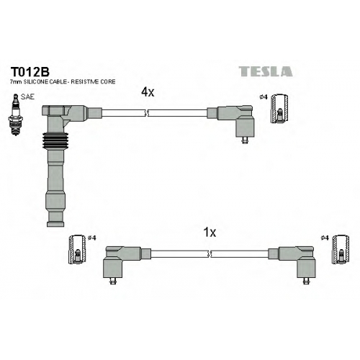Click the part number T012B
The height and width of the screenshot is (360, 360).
(30, 71)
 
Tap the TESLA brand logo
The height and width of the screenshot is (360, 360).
(266, 71)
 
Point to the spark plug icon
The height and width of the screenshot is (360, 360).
(16, 114)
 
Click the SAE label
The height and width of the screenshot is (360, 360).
(27, 96)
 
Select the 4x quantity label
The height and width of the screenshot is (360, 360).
(148, 92)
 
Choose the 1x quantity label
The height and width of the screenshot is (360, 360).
(210, 233)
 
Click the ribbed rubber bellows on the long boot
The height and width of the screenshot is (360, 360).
(55, 141)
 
